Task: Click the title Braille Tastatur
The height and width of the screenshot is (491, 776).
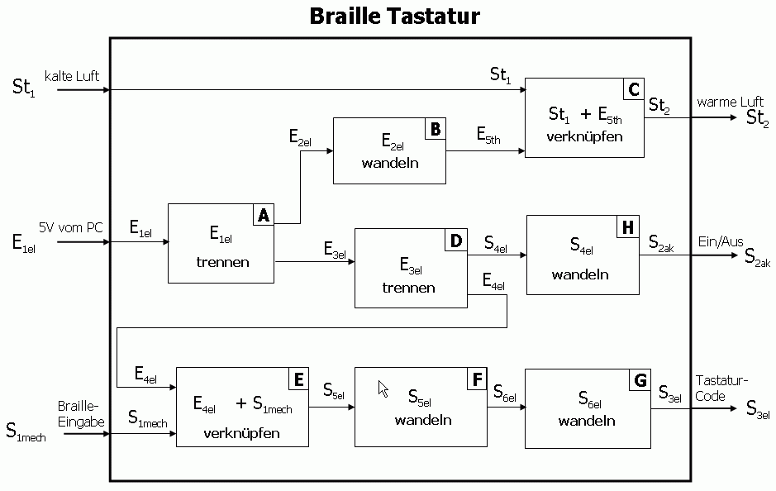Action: [394, 16]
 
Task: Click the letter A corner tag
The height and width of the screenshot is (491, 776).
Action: [264, 215]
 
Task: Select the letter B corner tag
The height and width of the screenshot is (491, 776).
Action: [436, 129]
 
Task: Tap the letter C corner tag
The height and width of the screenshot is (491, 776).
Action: [634, 89]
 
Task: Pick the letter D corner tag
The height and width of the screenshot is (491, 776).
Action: [456, 241]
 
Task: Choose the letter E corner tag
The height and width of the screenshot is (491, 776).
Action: [298, 379]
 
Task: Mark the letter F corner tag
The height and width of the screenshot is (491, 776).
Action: [477, 379]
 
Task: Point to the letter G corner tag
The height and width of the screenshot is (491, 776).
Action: [640, 380]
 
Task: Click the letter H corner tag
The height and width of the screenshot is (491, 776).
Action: [628, 227]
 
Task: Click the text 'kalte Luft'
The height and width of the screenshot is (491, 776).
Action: [72, 76]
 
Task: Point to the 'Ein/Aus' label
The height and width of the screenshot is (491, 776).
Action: [721, 241]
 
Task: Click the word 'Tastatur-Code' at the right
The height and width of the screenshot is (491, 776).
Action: [721, 388]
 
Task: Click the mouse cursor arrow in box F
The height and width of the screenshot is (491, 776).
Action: [383, 389]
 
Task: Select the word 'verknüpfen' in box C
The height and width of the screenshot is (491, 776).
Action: [584, 136]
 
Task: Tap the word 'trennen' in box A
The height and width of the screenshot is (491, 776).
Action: [222, 263]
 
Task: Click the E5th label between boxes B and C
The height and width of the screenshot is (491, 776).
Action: [488, 136]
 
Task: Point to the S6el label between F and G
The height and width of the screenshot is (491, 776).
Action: [504, 395]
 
